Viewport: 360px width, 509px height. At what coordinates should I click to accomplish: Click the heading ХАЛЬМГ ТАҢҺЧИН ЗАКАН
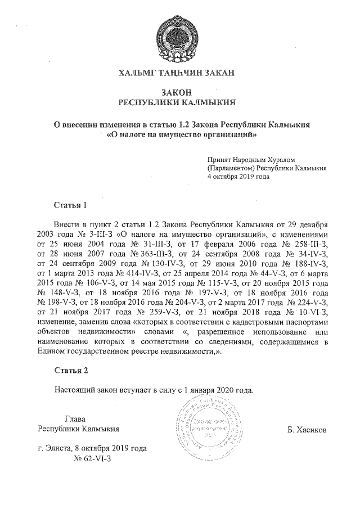(x=178, y=73)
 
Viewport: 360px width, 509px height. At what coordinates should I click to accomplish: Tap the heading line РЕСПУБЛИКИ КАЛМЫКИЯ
(x=178, y=103)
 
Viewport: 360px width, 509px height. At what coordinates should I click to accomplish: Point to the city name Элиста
(x=60, y=449)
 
